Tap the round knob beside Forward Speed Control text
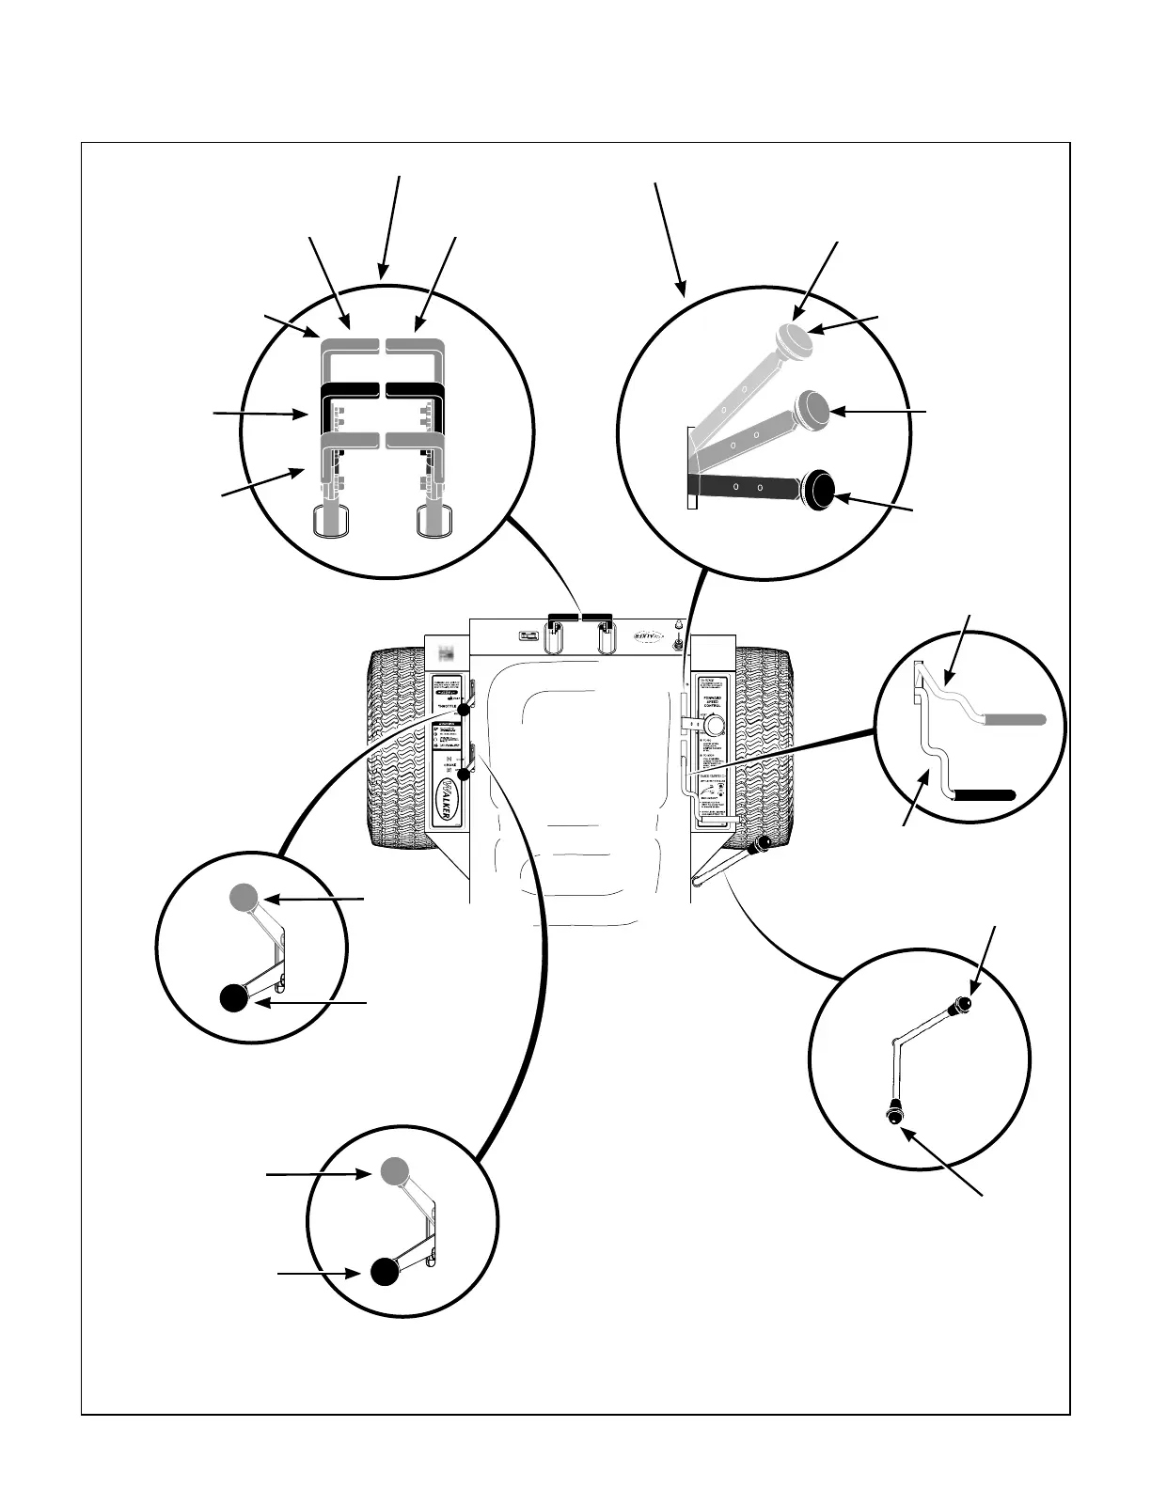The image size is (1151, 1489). coord(716,725)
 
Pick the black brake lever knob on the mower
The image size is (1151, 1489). coord(462,774)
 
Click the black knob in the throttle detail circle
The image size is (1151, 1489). coord(234,998)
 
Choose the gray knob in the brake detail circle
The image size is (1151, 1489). coord(395,1170)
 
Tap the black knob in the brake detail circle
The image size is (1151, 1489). coord(383,1271)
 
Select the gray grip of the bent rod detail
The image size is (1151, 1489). coord(1014,719)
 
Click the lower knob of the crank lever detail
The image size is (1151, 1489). coord(894,1114)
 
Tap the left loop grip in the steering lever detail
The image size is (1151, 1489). coord(331,521)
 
